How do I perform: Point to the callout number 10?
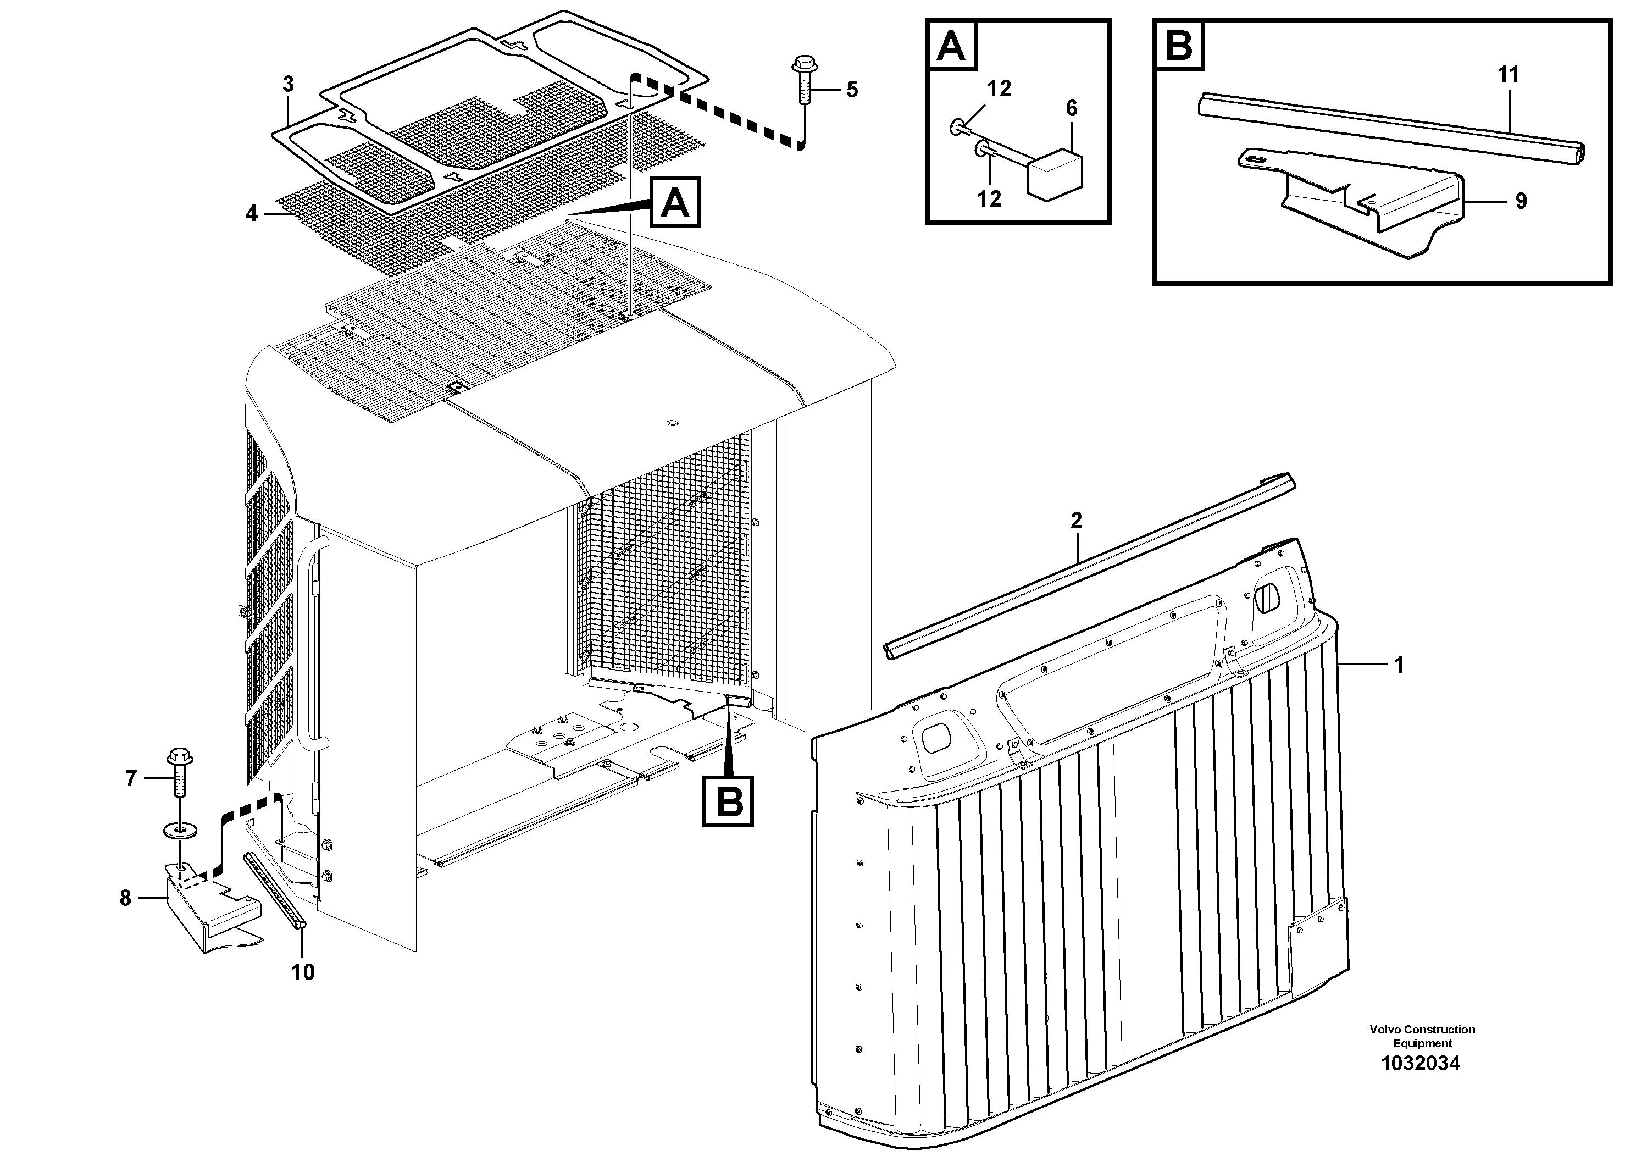(x=303, y=971)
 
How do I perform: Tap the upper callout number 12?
(x=999, y=89)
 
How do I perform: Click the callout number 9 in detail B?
(x=1521, y=202)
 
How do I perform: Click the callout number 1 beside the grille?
(x=1398, y=665)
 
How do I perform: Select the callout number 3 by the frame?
(x=287, y=84)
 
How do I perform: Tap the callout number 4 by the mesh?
(x=252, y=213)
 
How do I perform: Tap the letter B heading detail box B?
(x=1179, y=46)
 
